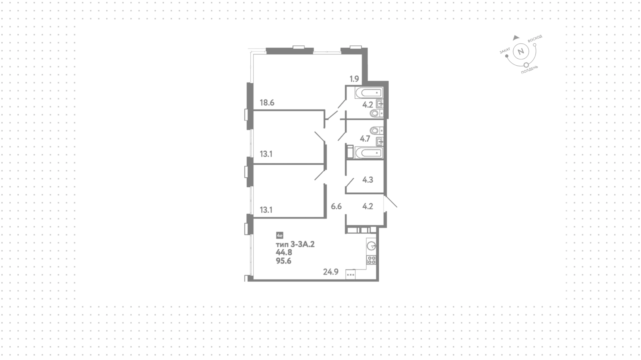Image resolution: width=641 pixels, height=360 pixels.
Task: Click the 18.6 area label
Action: [267, 103]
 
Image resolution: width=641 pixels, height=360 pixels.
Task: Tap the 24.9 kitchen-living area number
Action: [331, 272]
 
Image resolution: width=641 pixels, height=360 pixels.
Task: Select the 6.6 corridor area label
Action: [336, 206]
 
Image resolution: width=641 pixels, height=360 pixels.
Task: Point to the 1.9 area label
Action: [354, 79]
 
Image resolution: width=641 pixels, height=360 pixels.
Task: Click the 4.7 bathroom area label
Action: [365, 138]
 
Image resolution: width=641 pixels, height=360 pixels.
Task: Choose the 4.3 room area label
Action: [368, 180]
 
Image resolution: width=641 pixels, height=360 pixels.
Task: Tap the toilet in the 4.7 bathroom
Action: [377, 130]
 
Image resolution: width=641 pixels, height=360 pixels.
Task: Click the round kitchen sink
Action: [372, 246]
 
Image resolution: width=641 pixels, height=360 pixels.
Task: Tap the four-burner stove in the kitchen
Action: [372, 260]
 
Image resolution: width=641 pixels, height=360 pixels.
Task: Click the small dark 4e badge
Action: [280, 235]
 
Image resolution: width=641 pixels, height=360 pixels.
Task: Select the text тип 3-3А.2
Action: [295, 244]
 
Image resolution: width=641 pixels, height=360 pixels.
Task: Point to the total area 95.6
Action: [283, 261]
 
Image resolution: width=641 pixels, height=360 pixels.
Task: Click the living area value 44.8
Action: [284, 253]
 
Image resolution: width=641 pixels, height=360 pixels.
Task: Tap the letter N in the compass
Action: [520, 52]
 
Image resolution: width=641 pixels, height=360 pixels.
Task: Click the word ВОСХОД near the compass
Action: [535, 39]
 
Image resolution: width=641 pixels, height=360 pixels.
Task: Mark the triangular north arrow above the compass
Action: [516, 37]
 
